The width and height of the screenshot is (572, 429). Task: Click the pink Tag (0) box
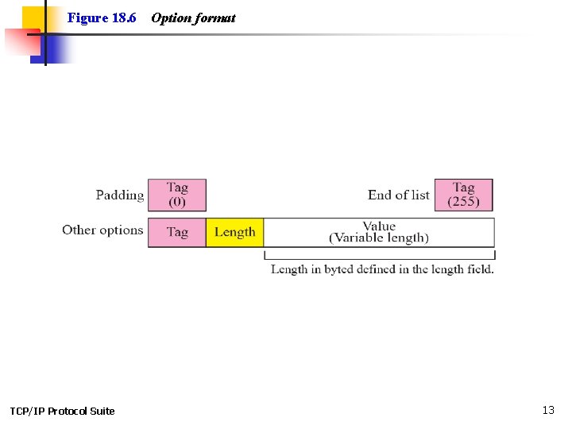pos(177,195)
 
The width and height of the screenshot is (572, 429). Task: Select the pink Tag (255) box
pos(463,195)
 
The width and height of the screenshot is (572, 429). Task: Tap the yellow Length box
pos(234,232)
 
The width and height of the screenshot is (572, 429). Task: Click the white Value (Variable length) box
pos(378,232)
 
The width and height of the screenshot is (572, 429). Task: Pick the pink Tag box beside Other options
pos(177,232)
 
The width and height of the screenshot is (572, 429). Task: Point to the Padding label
pos(120,195)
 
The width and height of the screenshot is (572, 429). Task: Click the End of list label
pos(398,195)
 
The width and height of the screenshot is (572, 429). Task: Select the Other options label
pos(102,230)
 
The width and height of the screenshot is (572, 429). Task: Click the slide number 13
pos(548,410)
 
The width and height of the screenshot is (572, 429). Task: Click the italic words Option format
pos(193,17)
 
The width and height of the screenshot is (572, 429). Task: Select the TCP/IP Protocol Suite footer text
pos(62,411)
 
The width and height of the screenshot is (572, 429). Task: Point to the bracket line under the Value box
pos(380,257)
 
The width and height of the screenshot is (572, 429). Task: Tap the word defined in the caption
pos(378,269)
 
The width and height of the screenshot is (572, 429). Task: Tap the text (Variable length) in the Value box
pos(379,238)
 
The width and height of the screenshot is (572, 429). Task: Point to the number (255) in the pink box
pos(463,201)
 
